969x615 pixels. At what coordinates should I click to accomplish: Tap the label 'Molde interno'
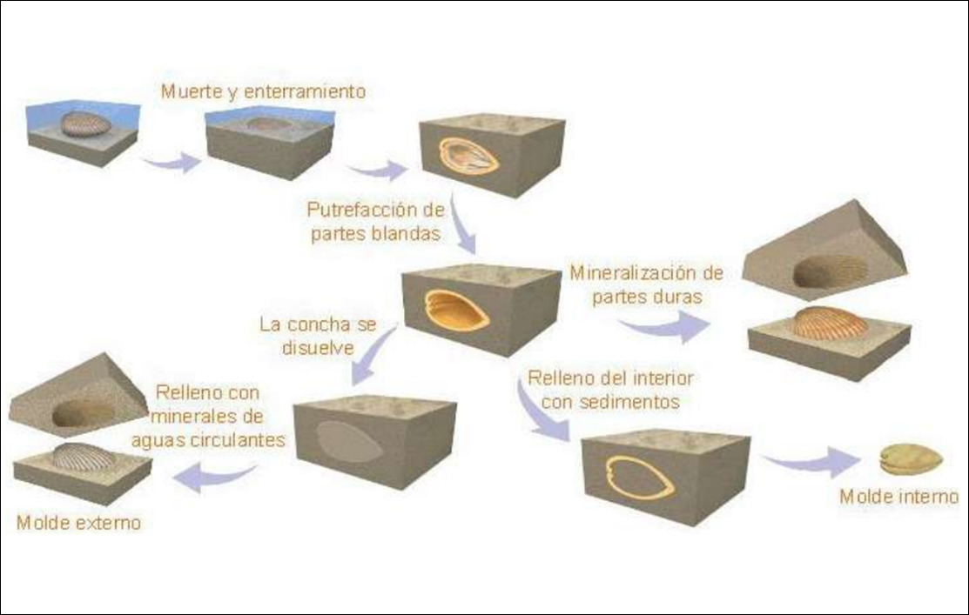[x=898, y=498]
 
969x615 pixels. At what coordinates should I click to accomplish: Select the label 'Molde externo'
[x=78, y=523]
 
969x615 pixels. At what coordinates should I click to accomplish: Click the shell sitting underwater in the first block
[x=86, y=124]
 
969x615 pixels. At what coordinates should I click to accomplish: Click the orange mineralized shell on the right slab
[x=830, y=323]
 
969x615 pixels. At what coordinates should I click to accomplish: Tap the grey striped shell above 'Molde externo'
[x=82, y=457]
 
